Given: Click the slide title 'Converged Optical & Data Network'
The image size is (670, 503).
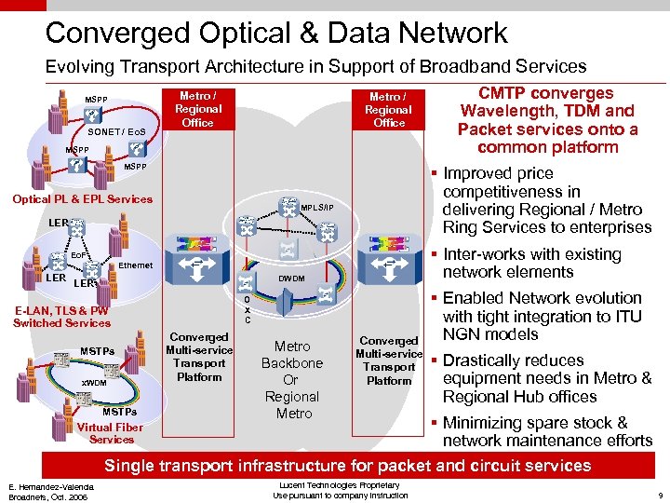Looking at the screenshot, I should pos(276,33).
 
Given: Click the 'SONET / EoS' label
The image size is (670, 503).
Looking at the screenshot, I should pos(116,132).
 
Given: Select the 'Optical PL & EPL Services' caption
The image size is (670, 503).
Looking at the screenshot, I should pos(82,198).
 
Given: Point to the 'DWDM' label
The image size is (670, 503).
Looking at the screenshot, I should pos(292,278).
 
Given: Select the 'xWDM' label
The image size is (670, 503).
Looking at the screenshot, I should pos(94,383).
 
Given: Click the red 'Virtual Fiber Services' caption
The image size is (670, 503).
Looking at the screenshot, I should pos(111,433).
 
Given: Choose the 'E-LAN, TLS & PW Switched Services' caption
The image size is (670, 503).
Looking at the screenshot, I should pos(61,317).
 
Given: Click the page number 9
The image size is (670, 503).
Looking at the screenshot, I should pos(658,496).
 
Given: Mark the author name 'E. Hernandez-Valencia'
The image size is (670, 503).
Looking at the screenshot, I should pos(52,487).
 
